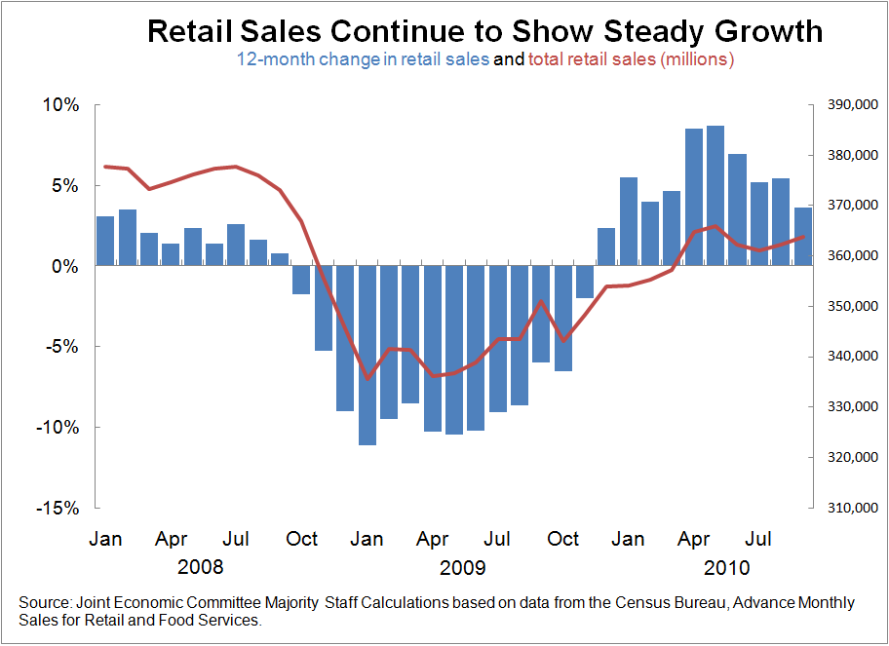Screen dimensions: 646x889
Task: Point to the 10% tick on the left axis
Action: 59,105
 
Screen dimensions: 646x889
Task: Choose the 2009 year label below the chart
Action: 461,567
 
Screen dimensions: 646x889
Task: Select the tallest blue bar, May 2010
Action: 715,195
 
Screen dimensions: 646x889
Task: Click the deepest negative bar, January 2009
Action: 367,356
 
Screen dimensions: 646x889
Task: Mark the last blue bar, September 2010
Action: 802,237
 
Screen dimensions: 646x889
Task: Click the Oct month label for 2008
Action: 302,539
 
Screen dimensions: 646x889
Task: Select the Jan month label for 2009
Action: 367,539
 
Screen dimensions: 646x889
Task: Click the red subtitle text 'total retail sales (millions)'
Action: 631,59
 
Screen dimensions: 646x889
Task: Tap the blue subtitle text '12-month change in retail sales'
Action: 363,59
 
